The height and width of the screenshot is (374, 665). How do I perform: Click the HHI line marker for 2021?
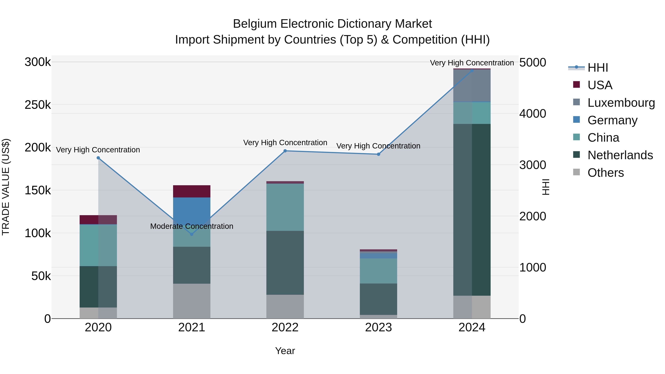(192, 234)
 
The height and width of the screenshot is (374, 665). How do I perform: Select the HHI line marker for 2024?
(472, 71)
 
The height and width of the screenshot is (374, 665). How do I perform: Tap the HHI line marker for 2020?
(98, 158)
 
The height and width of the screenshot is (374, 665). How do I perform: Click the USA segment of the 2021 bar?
(192, 191)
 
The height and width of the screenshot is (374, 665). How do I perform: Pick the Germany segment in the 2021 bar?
(192, 208)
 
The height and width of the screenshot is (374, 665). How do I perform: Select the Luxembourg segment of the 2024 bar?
(472, 86)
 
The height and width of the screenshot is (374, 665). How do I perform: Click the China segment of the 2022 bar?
(285, 207)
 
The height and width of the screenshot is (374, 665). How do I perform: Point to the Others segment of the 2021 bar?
(192, 301)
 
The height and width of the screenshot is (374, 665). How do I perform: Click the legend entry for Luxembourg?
(621, 103)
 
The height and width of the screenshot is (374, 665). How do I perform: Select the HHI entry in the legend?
(597, 68)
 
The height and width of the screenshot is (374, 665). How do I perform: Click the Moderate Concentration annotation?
(192, 226)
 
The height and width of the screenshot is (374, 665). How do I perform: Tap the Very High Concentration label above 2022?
(285, 142)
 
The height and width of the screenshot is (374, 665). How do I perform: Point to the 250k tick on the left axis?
(38, 105)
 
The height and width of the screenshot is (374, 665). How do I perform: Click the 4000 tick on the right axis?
(533, 114)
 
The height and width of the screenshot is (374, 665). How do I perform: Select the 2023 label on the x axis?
(378, 327)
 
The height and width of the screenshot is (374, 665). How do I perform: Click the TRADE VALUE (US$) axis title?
(6, 187)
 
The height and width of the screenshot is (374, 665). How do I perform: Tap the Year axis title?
(285, 351)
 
